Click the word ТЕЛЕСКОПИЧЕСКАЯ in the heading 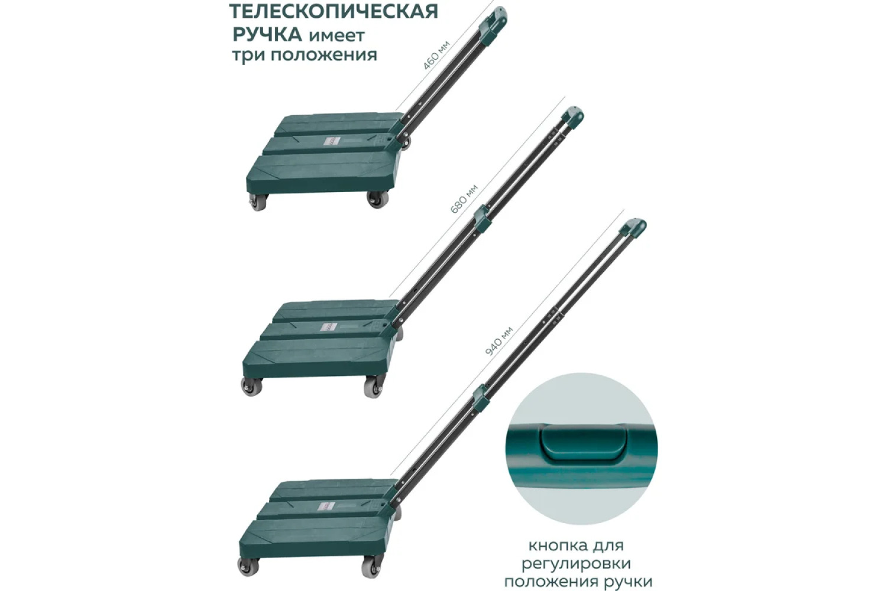[334, 11]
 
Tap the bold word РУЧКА [267, 35]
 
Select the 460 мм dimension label [436, 55]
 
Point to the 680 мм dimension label [464, 199]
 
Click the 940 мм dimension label [499, 341]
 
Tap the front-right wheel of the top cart [377, 199]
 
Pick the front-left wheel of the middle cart [251, 387]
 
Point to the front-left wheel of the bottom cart [248, 567]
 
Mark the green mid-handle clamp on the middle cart [483, 219]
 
